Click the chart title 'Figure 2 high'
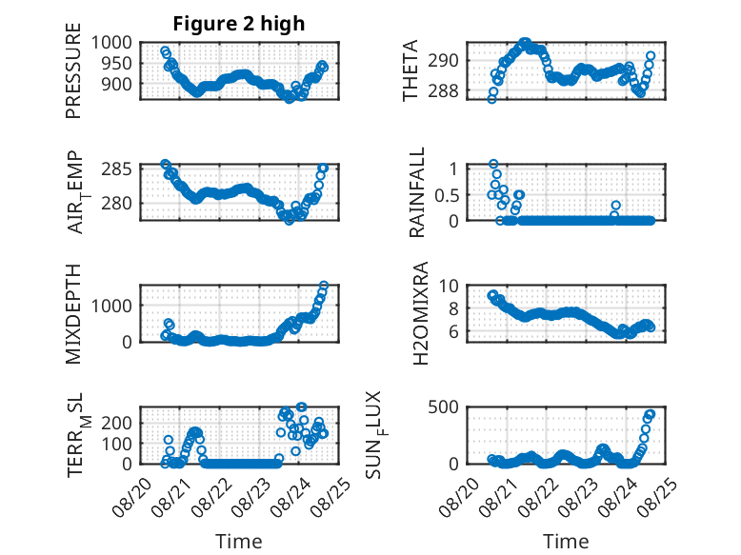tap(239, 24)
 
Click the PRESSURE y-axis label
tap(73, 70)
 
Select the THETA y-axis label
tap(411, 70)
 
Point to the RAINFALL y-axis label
tap(417, 192)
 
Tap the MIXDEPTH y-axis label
tap(73, 313)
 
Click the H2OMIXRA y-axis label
tap(421, 313)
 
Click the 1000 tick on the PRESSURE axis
tap(111, 43)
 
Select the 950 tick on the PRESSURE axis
tap(117, 63)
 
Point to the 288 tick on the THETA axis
tap(443, 90)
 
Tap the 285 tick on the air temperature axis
tap(117, 168)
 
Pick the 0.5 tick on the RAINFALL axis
tap(447, 194)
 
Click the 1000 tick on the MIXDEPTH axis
tap(111, 306)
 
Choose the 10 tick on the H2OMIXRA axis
tap(449, 286)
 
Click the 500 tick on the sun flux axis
tap(443, 407)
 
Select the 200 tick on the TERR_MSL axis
tap(117, 423)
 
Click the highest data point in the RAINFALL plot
tap(493, 164)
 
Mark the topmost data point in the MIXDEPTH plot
tap(324, 286)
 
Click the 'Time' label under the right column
tap(566, 542)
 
